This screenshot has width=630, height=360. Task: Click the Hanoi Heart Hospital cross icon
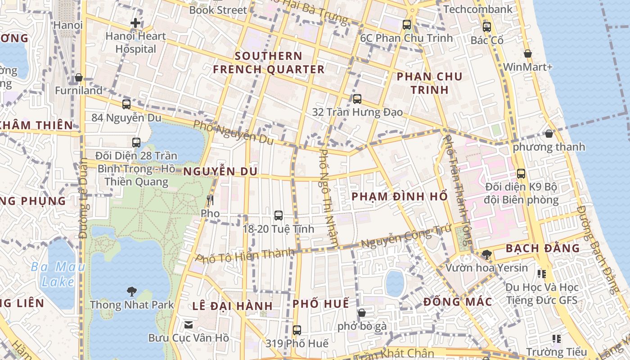pyautogui.click(x=135, y=23)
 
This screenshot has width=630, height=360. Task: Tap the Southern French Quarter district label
pyautogui.click(x=269, y=63)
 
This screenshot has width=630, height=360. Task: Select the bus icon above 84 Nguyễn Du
pyautogui.click(x=126, y=104)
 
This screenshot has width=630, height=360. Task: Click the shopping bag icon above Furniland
pyautogui.click(x=79, y=78)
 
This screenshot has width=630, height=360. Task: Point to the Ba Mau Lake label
pyautogui.click(x=58, y=274)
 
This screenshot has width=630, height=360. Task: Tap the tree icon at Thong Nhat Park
pyautogui.click(x=131, y=292)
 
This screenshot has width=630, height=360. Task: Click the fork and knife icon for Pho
pyautogui.click(x=210, y=200)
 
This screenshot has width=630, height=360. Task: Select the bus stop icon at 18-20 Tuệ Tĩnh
pyautogui.click(x=279, y=216)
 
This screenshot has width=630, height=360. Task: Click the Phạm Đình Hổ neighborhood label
pyautogui.click(x=400, y=197)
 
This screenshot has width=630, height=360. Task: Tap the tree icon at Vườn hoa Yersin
pyautogui.click(x=486, y=255)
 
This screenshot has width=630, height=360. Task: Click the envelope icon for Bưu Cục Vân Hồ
pyautogui.click(x=189, y=324)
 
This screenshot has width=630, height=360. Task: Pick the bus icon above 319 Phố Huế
pyautogui.click(x=297, y=330)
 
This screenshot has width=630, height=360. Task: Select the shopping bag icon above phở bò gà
pyautogui.click(x=362, y=313)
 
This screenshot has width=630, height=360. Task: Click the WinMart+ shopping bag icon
pyautogui.click(x=528, y=54)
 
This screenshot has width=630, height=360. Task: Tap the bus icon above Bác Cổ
pyautogui.click(x=486, y=27)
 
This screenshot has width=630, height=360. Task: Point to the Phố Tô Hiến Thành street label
pyautogui.click(x=245, y=256)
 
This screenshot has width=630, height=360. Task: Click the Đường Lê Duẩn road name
pyautogui.click(x=83, y=198)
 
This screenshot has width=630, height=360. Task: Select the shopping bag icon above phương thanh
pyautogui.click(x=549, y=134)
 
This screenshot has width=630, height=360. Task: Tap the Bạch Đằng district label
pyautogui.click(x=543, y=248)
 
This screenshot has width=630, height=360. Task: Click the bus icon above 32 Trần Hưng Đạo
pyautogui.click(x=357, y=99)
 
